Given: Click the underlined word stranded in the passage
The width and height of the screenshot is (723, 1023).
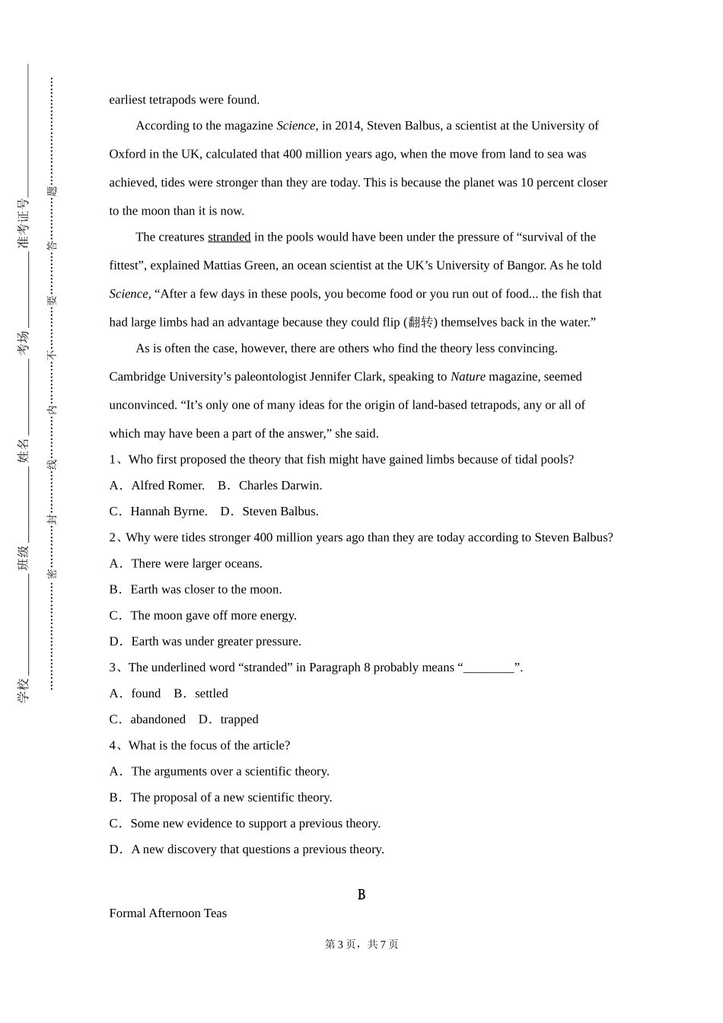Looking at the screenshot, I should click(x=229, y=237).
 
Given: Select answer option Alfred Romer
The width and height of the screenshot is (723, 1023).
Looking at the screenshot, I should click(x=167, y=486).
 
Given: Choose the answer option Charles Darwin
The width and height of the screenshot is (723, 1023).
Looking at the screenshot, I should click(x=280, y=486).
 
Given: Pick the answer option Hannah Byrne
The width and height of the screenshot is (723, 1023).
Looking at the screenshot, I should click(x=168, y=511).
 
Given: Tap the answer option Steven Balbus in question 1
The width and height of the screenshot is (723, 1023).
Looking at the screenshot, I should click(x=280, y=511).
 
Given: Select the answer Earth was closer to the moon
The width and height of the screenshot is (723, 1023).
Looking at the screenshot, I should click(x=205, y=590).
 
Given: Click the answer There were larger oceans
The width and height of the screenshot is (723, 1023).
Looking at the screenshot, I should click(x=196, y=564).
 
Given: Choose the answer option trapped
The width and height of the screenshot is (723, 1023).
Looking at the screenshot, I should click(x=239, y=719).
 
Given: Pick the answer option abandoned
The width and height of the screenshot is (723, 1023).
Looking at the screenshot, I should click(x=158, y=719).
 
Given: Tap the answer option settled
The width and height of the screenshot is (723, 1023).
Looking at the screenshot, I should click(x=211, y=693).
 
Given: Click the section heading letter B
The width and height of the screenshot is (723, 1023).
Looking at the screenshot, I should click(x=361, y=895).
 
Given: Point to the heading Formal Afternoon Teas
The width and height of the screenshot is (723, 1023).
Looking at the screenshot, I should click(x=168, y=913).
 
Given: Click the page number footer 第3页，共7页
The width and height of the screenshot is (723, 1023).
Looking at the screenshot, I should click(x=361, y=945).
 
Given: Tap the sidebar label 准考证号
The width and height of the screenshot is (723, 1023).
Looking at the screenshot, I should click(x=24, y=224).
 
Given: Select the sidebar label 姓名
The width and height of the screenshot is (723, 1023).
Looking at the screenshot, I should click(x=24, y=451).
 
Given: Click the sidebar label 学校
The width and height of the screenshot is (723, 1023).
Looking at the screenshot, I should click(x=24, y=690).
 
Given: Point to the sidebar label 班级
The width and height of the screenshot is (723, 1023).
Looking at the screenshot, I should click(x=24, y=558).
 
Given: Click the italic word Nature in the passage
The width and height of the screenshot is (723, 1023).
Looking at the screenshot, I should click(x=467, y=377).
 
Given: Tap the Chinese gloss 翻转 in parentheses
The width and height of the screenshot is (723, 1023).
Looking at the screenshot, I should click(x=420, y=323).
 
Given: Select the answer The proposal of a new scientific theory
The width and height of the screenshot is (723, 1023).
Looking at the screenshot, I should click(x=231, y=798).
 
